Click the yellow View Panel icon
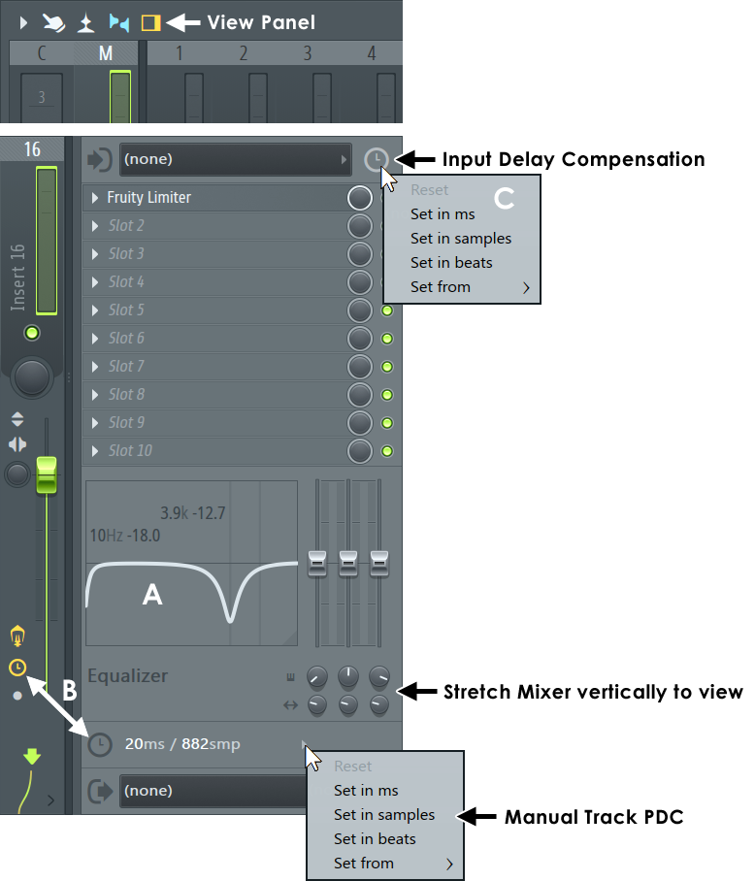tap(150, 21)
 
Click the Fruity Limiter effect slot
tap(149, 198)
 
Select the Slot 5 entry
tap(126, 310)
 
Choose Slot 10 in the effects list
tap(130, 451)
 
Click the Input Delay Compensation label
tap(573, 159)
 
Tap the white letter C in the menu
tap(505, 198)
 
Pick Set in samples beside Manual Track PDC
tap(384, 815)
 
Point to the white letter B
tap(70, 691)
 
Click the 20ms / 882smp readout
tap(182, 744)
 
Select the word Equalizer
tap(127, 676)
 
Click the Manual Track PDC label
tap(593, 817)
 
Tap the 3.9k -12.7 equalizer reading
tap(192, 513)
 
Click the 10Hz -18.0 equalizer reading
tap(124, 535)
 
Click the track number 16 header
tap(32, 149)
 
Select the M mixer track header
tap(106, 53)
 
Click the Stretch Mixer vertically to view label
tap(592, 692)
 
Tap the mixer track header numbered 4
tap(372, 53)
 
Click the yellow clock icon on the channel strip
tap(16, 668)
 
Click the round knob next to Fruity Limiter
tap(360, 198)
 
